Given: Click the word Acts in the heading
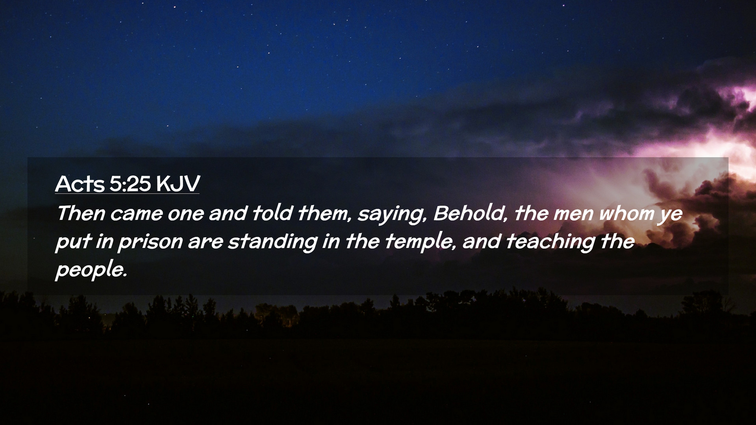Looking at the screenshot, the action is tap(80, 183).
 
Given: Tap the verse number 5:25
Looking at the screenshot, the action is tap(130, 183).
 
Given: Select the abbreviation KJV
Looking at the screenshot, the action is tap(178, 183).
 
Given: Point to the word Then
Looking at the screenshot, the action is tap(81, 213).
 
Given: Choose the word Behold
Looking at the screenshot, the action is tap(468, 213).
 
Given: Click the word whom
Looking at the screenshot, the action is tap(625, 213).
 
